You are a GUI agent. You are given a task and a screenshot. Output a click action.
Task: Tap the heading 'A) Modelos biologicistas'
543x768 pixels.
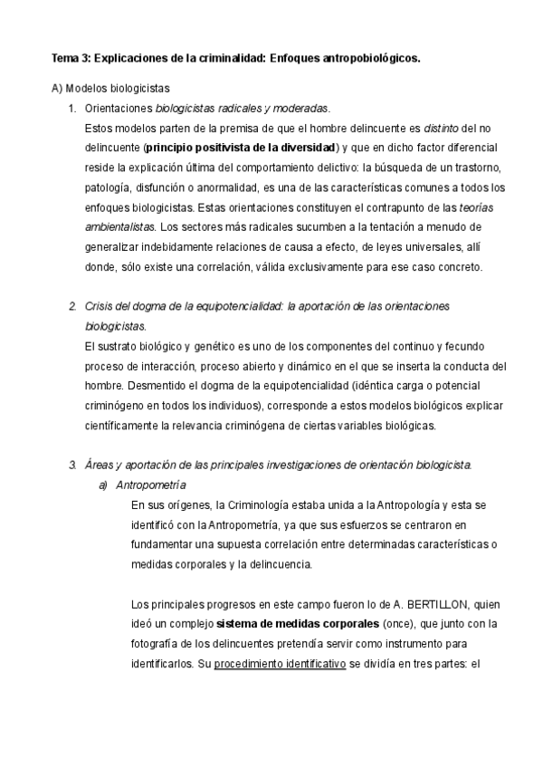pos(110,88)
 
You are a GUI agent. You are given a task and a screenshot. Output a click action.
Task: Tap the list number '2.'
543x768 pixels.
pos(72,306)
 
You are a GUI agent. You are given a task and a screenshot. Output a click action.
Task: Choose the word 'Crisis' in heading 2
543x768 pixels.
pos(100,306)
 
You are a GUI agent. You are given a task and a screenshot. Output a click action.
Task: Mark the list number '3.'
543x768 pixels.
pos(72,465)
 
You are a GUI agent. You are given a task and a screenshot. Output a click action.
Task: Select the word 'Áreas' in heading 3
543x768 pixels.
pos(100,465)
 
